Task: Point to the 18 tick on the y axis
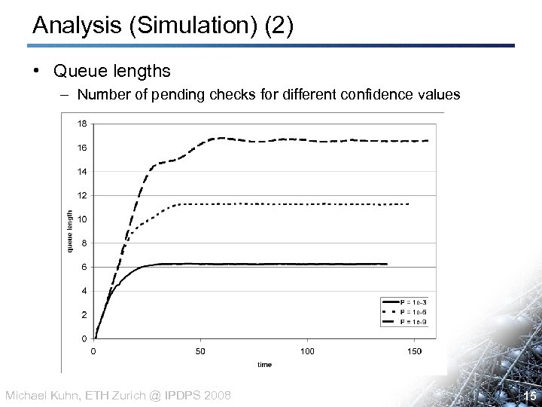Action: click(82, 124)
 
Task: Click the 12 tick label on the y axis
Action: click(82, 195)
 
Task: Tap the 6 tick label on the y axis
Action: click(84, 267)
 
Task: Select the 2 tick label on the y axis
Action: click(84, 314)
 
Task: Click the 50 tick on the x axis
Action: click(200, 351)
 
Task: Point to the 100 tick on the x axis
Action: click(307, 351)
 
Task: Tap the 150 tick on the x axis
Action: click(414, 351)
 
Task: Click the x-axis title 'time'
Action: click(264, 364)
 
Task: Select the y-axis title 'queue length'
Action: click(69, 231)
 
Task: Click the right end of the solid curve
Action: click(386, 264)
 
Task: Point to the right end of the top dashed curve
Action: click(428, 141)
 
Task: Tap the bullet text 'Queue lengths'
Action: click(111, 72)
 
